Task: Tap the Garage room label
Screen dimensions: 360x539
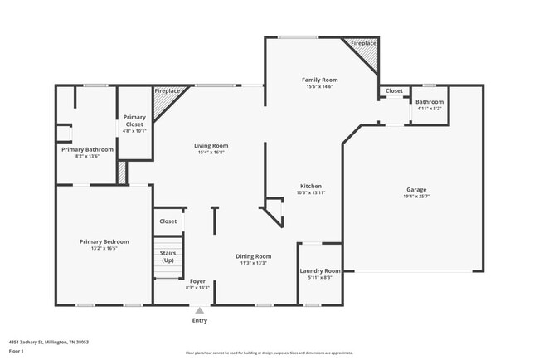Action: tap(415, 189)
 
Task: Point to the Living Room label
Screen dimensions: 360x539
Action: tap(211, 145)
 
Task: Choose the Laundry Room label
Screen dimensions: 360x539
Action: tap(319, 270)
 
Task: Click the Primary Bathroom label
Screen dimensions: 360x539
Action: tap(86, 149)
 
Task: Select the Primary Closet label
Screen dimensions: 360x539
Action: tap(134, 120)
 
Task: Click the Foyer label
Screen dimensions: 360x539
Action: tap(197, 281)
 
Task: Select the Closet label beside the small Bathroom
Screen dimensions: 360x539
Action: tap(394, 91)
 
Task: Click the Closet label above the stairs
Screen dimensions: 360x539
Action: tap(168, 221)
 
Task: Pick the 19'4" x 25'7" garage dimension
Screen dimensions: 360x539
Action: tap(415, 196)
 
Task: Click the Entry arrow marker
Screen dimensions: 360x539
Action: tap(199, 310)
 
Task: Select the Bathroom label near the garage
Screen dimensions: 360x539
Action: tap(429, 102)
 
